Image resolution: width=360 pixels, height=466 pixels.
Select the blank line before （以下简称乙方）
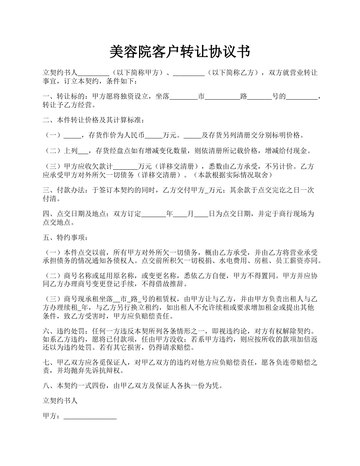click(189, 73)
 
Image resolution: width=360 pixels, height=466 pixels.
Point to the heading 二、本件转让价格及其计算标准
click(93, 120)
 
